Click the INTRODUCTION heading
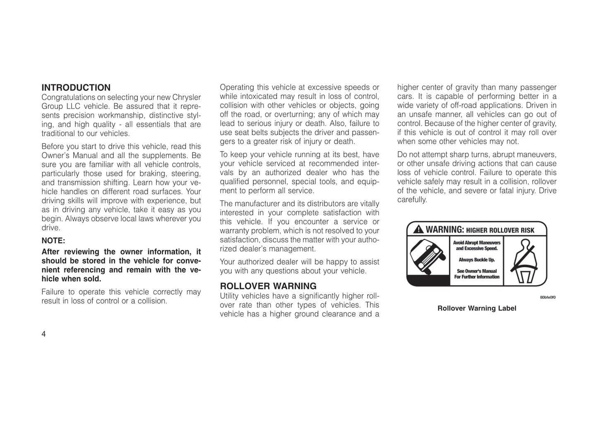point(76,88)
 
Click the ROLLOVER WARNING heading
point(268,286)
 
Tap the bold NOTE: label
point(53,241)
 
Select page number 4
point(43,334)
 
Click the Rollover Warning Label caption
point(477,308)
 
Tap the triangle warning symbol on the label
point(418,229)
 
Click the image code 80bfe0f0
point(548,297)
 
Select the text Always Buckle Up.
point(477,260)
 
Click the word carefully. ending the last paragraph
point(412,200)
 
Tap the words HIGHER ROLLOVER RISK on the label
point(500,230)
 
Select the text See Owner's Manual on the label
point(477,271)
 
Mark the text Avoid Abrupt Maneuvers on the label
point(477,243)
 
